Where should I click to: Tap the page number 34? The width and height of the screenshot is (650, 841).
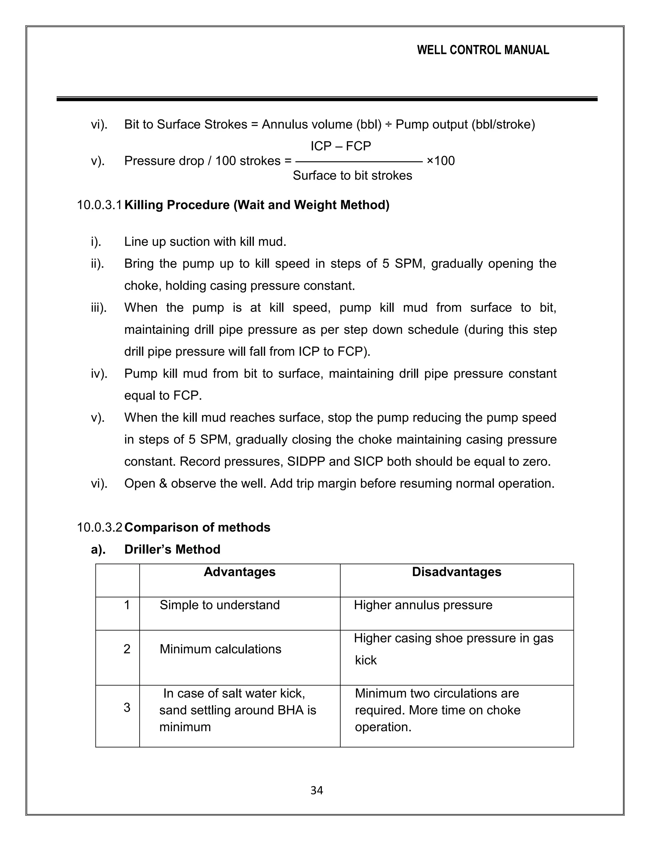coord(316,790)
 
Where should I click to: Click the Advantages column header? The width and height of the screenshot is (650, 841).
coord(240,572)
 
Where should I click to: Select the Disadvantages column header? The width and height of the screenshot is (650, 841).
coord(456,572)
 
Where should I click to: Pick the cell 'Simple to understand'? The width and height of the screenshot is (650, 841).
coord(220,605)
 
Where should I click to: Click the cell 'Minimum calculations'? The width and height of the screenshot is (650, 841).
coord(220,649)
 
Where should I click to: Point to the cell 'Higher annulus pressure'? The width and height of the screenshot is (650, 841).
coord(423,605)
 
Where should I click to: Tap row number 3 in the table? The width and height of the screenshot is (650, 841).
coord(127,707)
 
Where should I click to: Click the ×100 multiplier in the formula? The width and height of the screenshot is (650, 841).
coord(441,161)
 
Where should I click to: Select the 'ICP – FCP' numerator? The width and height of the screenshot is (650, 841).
coord(341,146)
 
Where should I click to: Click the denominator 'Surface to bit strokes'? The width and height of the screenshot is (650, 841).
coord(352,175)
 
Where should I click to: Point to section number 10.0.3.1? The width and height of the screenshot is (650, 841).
coord(99,205)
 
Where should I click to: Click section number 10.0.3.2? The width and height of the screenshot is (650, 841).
coord(99,527)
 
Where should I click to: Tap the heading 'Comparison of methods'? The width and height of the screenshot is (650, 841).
coord(197,527)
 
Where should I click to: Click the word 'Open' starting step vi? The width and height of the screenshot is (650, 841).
coord(139,483)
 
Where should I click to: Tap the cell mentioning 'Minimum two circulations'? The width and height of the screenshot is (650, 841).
coord(437,710)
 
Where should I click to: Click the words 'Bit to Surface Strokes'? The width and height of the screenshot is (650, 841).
coord(186,124)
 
